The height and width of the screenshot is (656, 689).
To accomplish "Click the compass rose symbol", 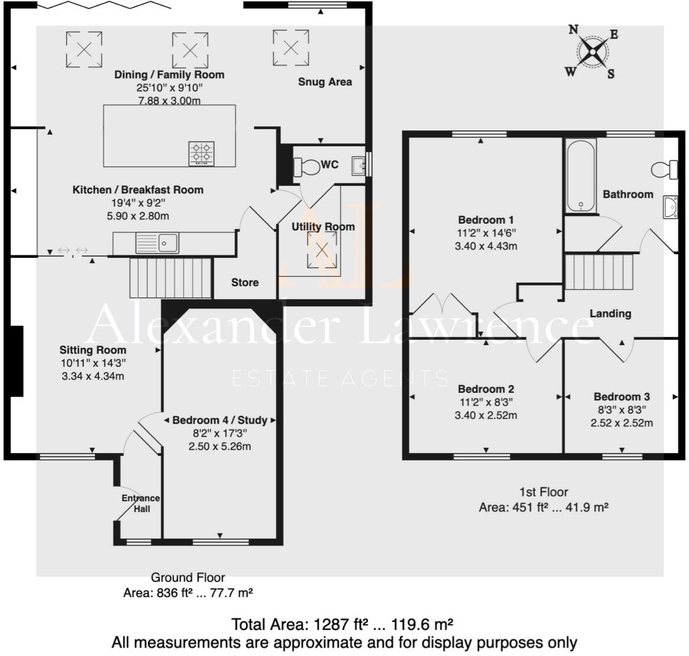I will (x=592, y=52).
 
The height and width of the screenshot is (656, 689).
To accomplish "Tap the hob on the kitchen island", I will (x=201, y=153).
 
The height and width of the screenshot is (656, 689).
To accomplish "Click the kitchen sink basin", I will (x=168, y=242).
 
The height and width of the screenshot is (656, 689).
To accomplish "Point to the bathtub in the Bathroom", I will (x=582, y=175).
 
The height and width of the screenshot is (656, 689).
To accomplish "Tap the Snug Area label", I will (x=324, y=82).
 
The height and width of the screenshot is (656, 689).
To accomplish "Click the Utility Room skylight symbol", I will (x=322, y=250).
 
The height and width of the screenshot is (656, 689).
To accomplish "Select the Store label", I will (x=245, y=283).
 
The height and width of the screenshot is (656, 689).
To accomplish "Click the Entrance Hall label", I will (x=140, y=503).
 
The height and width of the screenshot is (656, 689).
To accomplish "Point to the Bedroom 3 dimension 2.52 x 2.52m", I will (x=622, y=423).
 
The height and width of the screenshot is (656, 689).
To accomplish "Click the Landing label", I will (x=610, y=313).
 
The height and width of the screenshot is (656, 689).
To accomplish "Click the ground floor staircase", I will (x=170, y=277).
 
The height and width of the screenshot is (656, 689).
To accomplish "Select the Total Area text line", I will (x=342, y=624).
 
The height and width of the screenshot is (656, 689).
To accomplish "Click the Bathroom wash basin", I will (x=670, y=207).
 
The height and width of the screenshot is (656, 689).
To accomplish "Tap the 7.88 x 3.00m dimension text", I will (x=169, y=100).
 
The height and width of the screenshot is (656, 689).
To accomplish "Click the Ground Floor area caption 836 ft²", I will (x=188, y=593).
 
